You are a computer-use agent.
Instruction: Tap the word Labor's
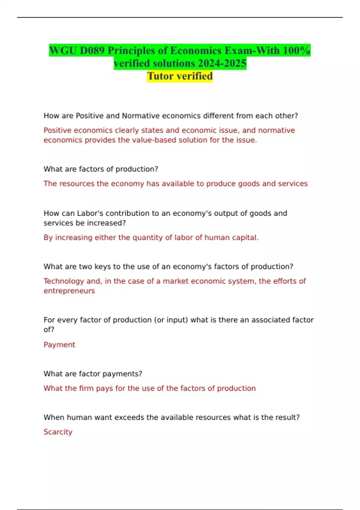(x=90, y=213)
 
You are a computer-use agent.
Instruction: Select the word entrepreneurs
(x=69, y=291)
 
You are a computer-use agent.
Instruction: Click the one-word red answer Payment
(x=59, y=345)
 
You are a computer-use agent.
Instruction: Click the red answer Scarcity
(x=58, y=432)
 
